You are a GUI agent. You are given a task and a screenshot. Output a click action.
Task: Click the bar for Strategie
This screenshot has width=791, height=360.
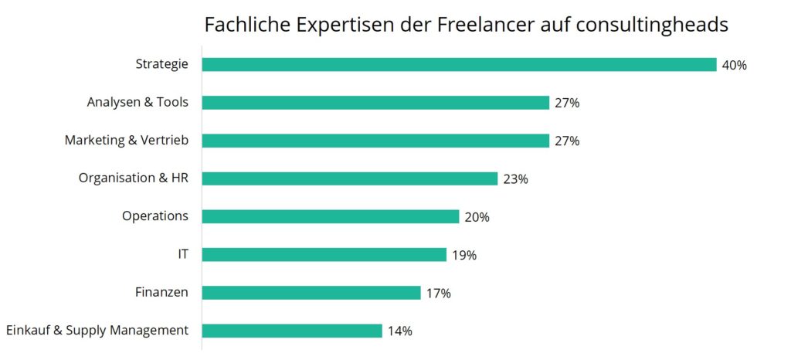point(459,65)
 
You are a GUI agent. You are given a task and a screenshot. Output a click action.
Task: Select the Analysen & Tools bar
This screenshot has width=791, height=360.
point(375,103)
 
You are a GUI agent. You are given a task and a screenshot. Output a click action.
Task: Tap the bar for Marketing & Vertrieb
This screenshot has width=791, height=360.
point(375,141)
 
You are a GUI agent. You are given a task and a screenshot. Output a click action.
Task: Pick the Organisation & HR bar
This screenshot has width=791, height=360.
point(349,178)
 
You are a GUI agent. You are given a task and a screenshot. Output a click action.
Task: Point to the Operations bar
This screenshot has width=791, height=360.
point(331,216)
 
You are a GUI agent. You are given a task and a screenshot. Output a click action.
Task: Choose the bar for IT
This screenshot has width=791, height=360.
point(324,255)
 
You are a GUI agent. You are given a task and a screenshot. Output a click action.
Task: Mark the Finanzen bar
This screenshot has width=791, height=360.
point(311,293)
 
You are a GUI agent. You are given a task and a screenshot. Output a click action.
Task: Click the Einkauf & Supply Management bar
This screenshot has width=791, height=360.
point(292,331)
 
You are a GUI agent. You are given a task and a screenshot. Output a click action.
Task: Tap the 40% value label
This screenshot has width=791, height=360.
point(734,65)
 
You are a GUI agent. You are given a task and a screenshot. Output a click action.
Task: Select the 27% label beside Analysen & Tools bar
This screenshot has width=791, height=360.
point(566,103)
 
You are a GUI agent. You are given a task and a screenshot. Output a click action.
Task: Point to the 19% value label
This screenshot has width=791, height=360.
point(464,255)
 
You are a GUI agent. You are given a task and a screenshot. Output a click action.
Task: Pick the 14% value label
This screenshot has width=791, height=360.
point(399,331)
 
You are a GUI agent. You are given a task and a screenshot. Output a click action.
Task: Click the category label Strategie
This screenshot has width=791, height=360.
point(161,64)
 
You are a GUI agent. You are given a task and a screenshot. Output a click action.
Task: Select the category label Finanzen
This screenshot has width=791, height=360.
point(161,292)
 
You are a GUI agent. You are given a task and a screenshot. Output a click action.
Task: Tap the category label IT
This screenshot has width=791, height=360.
point(182,253)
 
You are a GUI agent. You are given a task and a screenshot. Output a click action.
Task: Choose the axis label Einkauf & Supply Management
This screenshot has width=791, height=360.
point(97,330)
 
